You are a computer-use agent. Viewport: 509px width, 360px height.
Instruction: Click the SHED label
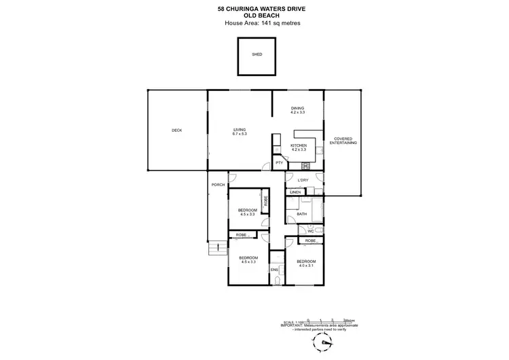click(257, 54)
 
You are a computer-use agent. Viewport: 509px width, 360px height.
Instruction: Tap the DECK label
click(176, 130)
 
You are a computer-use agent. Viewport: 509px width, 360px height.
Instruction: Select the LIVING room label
click(239, 130)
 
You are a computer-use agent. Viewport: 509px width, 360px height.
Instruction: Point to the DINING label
click(298, 108)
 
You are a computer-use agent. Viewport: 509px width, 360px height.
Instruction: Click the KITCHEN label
click(299, 145)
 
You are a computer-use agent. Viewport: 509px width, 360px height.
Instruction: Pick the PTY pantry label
click(279, 163)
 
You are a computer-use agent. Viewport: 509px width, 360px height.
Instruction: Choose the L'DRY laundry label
click(303, 180)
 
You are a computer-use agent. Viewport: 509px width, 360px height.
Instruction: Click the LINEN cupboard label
click(295, 193)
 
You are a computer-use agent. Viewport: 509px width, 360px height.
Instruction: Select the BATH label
click(302, 215)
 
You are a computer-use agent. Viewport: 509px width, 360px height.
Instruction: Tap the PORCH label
click(218, 185)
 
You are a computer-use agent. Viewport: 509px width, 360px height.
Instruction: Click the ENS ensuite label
click(275, 270)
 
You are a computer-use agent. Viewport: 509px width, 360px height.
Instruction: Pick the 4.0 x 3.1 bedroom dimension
click(306, 266)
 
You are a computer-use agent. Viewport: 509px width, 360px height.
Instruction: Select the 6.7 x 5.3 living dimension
click(239, 134)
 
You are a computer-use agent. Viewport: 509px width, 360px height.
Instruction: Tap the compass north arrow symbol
click(328, 343)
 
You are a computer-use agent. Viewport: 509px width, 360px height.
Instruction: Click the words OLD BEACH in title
click(254, 16)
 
